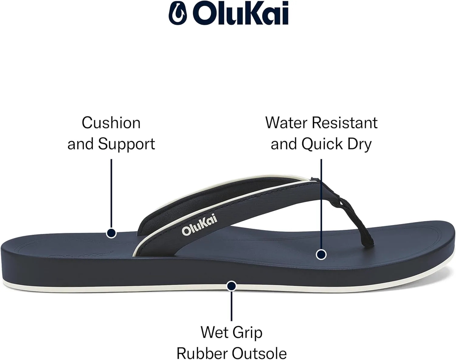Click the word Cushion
[x=111, y=123]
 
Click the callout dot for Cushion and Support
[x=111, y=233]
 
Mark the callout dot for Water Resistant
[x=321, y=254]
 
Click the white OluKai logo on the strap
[x=199, y=225]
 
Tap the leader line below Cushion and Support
[x=111, y=194]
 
